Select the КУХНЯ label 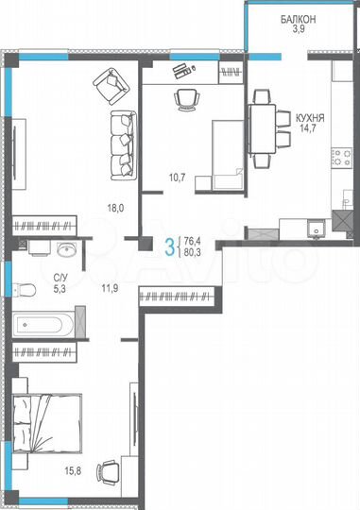click(309, 119)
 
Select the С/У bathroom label click(60, 278)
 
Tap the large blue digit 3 click(170, 248)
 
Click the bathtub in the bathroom click(47, 327)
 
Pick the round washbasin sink click(65, 249)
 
